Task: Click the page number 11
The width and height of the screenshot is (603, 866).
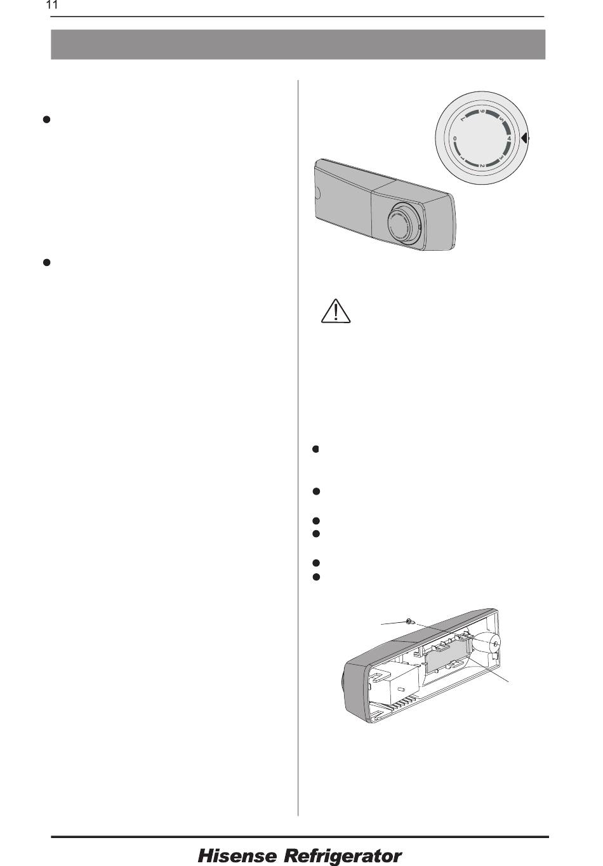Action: click(51, 6)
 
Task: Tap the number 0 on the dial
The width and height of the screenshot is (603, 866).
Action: click(455, 138)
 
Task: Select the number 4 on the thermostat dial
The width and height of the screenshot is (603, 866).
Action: click(509, 138)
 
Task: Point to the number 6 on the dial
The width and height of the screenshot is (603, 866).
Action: click(482, 112)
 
